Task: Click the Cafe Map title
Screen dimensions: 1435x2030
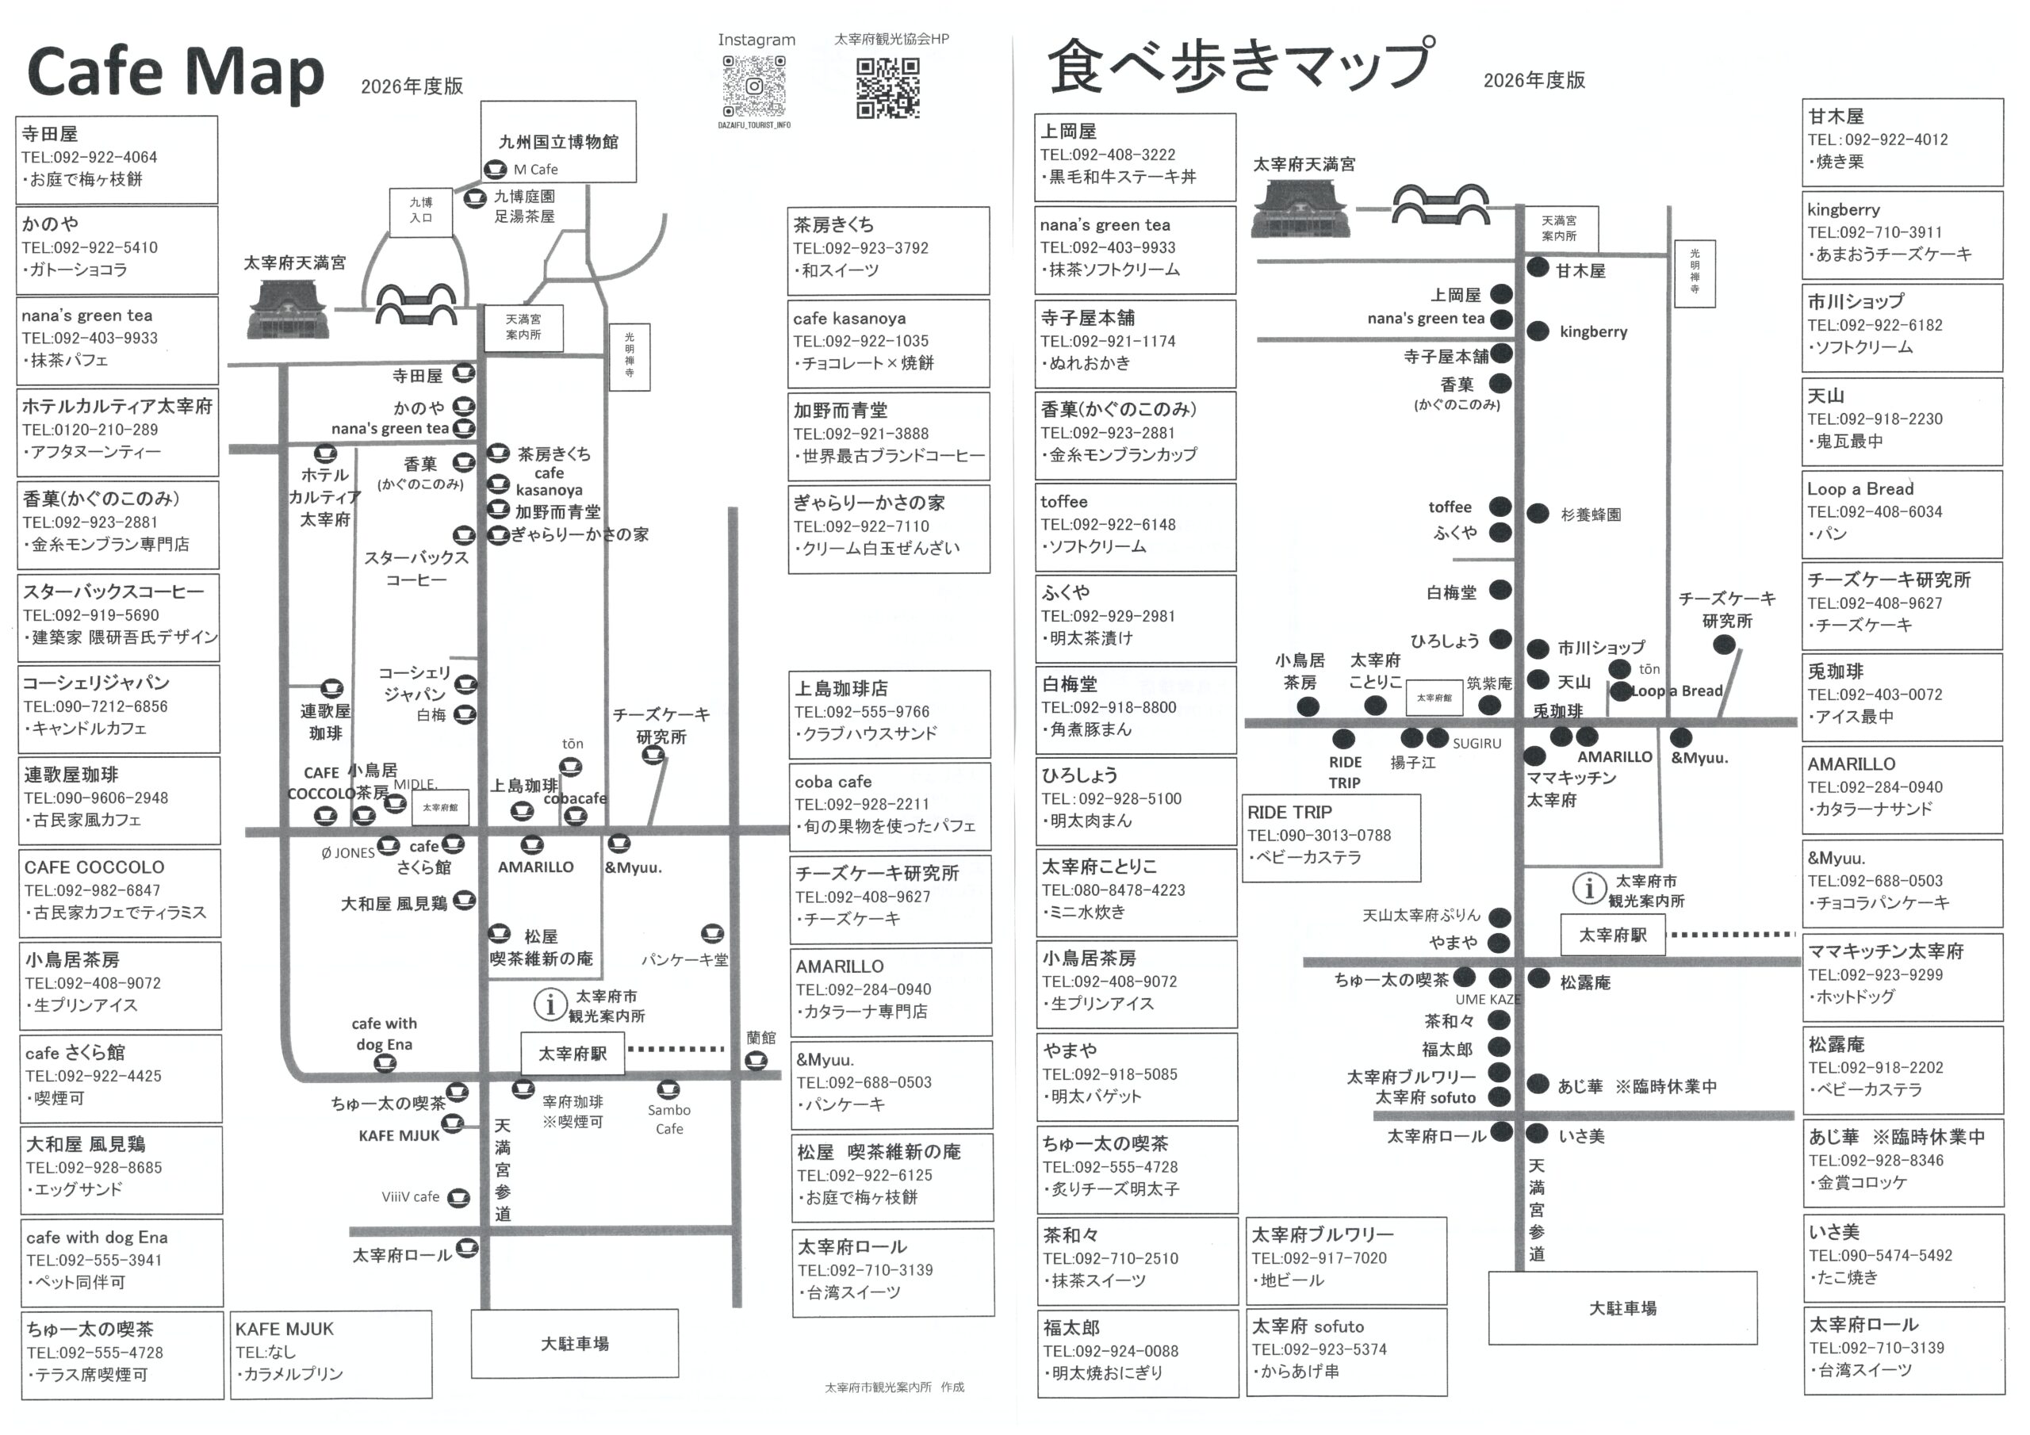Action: click(175, 72)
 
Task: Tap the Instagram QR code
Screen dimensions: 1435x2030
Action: click(754, 86)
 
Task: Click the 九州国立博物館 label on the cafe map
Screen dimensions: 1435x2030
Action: click(558, 141)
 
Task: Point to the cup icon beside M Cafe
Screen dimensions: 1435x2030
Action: click(495, 169)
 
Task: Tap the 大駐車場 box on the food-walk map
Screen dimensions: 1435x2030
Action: click(1622, 1307)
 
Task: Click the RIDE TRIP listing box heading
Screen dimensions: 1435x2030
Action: click(1289, 813)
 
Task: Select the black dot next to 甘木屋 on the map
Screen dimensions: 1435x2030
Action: click(1538, 268)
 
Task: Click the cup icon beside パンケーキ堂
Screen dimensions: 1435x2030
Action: click(712, 934)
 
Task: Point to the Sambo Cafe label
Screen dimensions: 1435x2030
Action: click(669, 1119)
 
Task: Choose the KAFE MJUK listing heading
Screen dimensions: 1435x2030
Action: click(284, 1329)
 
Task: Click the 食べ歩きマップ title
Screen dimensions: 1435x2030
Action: click(1239, 67)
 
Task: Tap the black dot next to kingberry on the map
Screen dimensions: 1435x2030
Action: click(1538, 331)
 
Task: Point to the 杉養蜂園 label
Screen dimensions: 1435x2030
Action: click(1591, 515)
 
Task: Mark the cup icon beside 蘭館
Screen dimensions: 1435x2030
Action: click(756, 1060)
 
